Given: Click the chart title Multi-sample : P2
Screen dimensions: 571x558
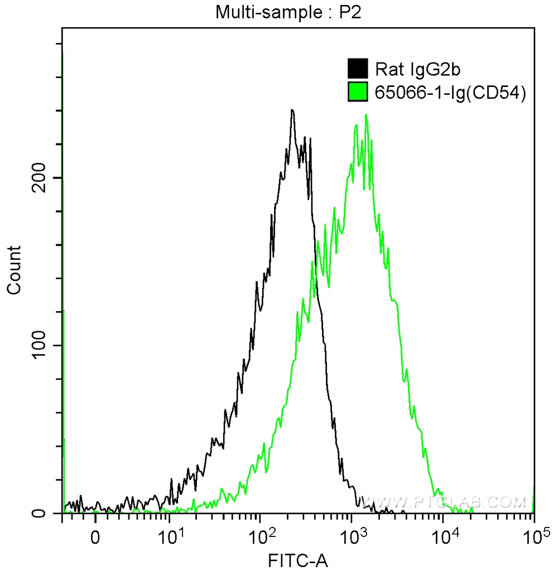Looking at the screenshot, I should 289,13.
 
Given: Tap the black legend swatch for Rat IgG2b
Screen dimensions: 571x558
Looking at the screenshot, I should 357,69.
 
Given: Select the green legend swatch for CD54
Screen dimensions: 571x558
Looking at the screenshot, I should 357,92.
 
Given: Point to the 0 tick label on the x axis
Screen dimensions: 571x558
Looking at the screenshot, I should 95,539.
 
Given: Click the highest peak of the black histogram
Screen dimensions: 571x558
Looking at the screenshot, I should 292,110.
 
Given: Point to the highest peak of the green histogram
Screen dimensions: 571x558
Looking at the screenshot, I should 366,115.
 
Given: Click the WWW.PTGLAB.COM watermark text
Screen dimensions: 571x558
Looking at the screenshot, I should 444,502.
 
